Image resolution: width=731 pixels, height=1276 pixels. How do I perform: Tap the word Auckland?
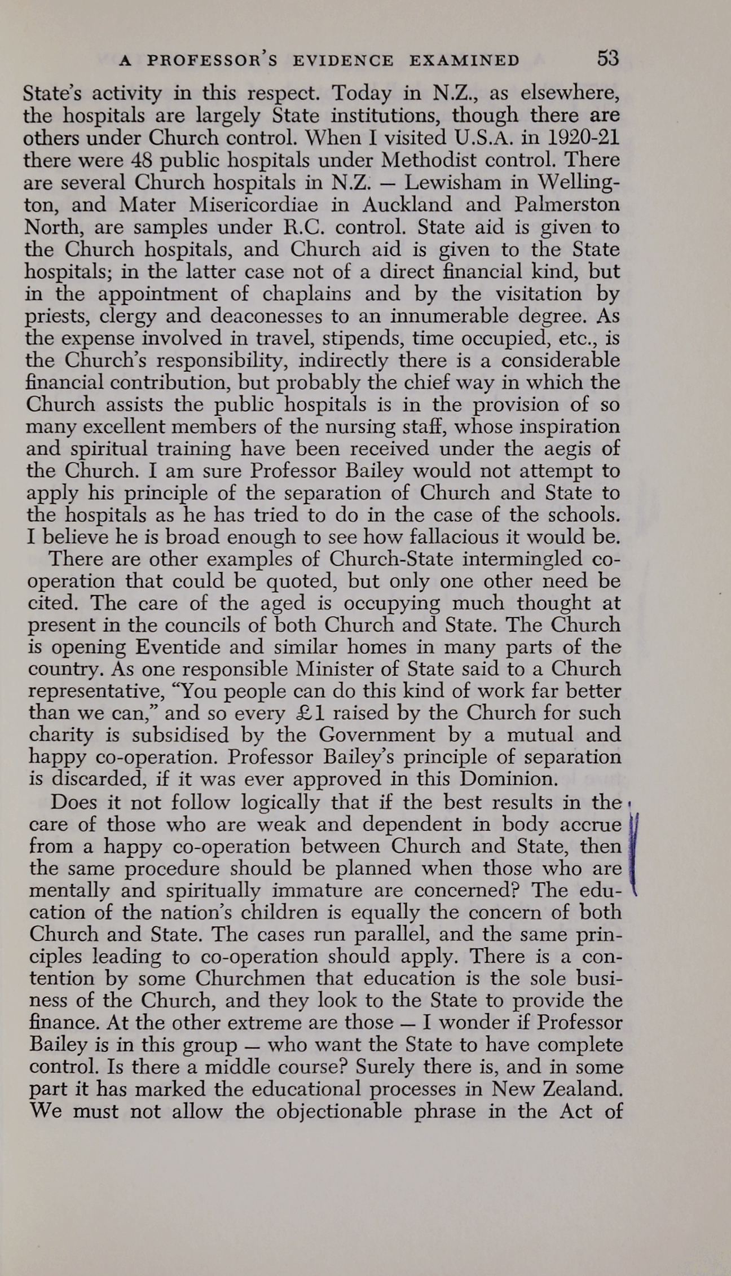(407, 204)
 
